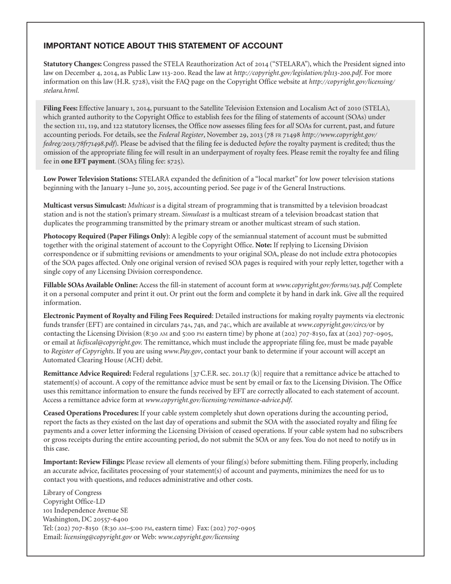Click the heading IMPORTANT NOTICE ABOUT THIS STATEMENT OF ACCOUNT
click(163, 46)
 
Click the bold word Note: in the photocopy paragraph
click(264, 245)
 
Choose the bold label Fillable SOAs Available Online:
click(90, 285)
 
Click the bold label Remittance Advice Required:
click(87, 374)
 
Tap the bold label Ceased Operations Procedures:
click(91, 413)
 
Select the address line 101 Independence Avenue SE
click(85, 511)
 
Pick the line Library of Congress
click(72, 493)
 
